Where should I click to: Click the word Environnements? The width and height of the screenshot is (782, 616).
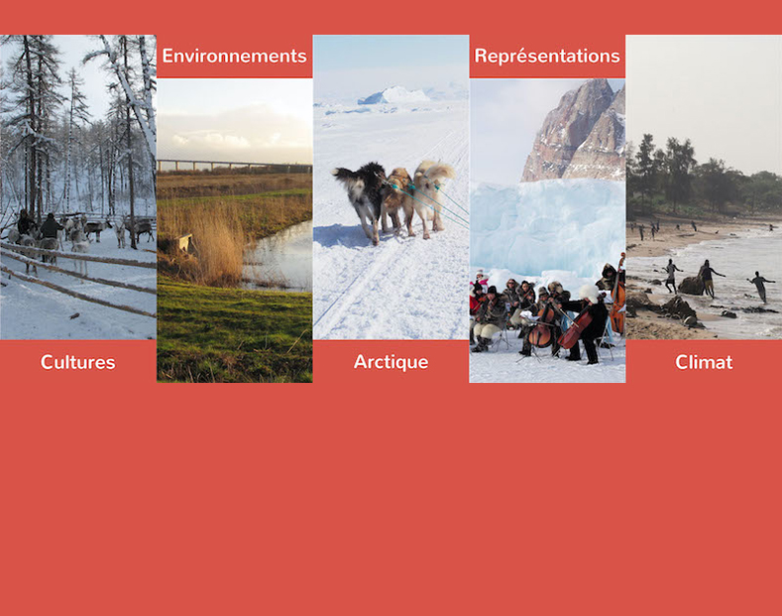(234, 56)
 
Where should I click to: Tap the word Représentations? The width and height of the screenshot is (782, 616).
(547, 57)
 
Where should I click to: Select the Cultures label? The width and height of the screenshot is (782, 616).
(77, 362)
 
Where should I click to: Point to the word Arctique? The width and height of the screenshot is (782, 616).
(391, 362)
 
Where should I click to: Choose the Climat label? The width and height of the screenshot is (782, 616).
(704, 362)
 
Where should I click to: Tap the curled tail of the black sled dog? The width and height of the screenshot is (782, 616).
(343, 174)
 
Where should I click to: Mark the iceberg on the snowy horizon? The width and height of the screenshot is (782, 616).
(393, 95)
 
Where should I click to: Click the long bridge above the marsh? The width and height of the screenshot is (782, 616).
(234, 166)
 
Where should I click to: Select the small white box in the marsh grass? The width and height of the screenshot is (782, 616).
(185, 242)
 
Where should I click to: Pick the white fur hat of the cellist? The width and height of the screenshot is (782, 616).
(589, 292)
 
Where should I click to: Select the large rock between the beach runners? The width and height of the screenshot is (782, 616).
(691, 286)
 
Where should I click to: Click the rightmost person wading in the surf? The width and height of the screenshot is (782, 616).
(760, 287)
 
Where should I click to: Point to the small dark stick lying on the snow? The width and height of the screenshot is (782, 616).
(73, 315)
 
